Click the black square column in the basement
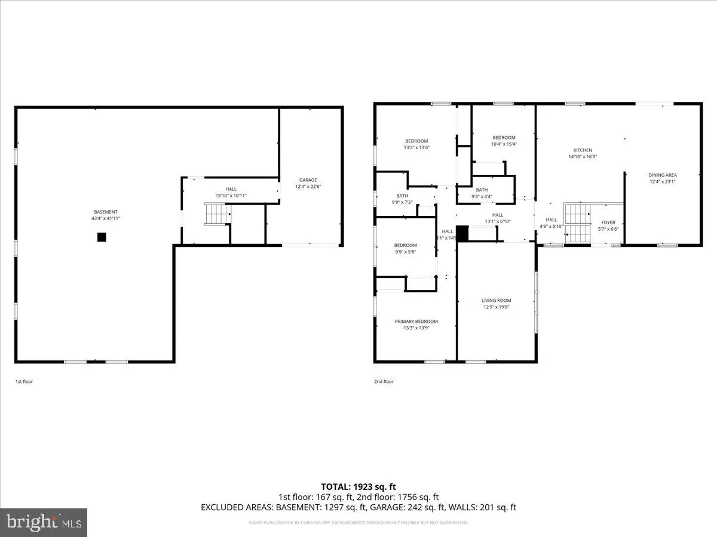pos(102,237)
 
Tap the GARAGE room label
pos(308,180)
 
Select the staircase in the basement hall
pos(217,214)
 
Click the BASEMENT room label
pos(105,212)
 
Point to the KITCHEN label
pos(583,150)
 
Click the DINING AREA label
pos(663,175)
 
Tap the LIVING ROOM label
pos(497,301)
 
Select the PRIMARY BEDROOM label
pos(416,322)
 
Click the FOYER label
pos(608,223)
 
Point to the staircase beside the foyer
pos(577,223)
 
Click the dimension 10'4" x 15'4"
pos(504,144)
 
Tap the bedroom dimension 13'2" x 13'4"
pos(416,147)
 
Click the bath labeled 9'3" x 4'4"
pos(482,196)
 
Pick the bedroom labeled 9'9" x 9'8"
pos(405,252)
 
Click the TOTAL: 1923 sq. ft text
pos(358,487)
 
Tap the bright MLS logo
pos(44,523)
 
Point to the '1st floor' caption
pos(24,381)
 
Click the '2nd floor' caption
pos(384,381)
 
